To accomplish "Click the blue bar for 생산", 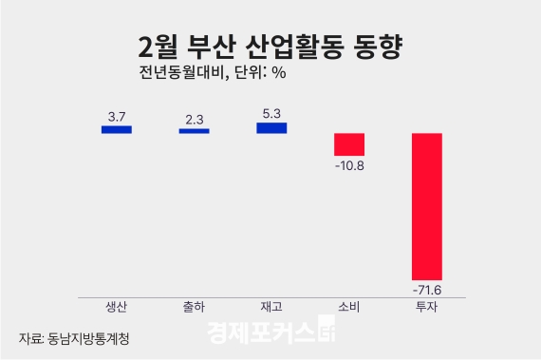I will point(117,129).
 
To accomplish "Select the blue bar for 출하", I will point(194,130).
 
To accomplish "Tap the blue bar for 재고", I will point(271,128).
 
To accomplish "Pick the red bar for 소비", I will point(349,143).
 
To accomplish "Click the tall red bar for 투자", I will point(427,205).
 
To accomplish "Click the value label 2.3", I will point(195,118).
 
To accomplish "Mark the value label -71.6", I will point(427,288).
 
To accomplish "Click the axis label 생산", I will point(117,307).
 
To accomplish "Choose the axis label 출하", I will point(194,307).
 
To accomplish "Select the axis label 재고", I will point(271,307).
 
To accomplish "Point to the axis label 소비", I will point(349,307).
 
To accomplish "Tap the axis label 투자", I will point(427,307).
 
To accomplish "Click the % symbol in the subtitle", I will point(279,72).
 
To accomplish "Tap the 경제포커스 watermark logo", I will point(271,334).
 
